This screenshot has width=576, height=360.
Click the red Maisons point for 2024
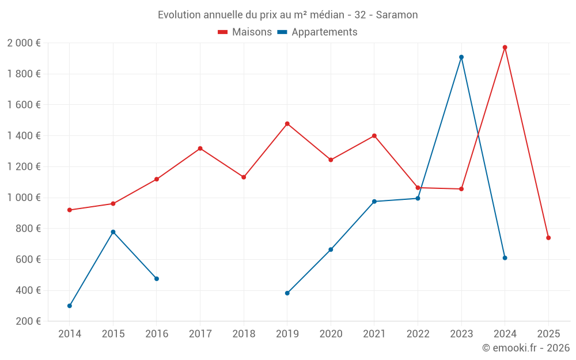click(505, 47)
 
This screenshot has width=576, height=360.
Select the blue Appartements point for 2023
click(461, 57)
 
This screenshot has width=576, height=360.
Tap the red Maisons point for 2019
click(287, 124)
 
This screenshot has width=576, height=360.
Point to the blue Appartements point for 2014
click(70, 306)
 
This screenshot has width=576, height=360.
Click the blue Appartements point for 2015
click(113, 232)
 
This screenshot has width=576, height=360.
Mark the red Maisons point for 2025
click(548, 238)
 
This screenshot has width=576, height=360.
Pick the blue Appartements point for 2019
click(287, 293)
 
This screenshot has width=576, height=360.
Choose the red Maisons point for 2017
click(200, 149)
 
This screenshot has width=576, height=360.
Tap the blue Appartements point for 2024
click(505, 258)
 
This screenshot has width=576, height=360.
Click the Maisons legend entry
click(245, 32)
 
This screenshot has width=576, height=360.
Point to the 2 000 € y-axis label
click(24, 43)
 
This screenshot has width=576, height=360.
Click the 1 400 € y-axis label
click(24, 136)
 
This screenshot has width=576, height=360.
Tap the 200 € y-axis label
click(27, 321)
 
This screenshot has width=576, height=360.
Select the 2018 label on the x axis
click(244, 334)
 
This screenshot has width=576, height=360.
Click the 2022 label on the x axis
click(418, 334)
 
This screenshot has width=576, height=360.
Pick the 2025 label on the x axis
click(548, 334)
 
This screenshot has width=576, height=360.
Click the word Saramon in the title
click(397, 15)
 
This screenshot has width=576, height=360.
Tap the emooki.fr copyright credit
click(526, 348)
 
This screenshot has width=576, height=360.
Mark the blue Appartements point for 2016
click(157, 279)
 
